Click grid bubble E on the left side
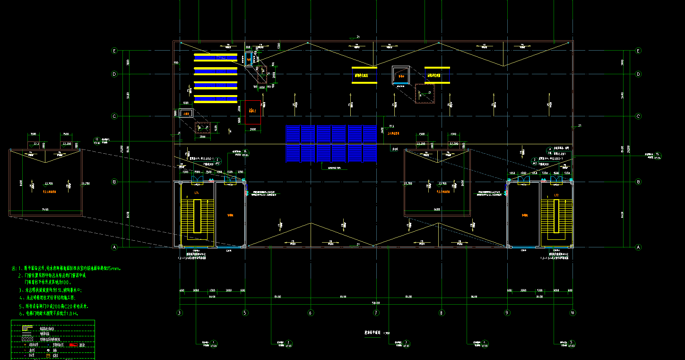click(114, 51)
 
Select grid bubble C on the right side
click(638, 116)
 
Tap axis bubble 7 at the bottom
click(376, 312)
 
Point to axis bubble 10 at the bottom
click(572, 312)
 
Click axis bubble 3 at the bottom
click(180, 312)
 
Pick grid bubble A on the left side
click(114, 247)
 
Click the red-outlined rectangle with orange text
click(253, 112)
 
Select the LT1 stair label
click(196, 193)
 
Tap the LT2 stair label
click(556, 195)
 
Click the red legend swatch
click(73, 345)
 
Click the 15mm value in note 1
click(115, 268)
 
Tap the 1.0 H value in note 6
click(71, 313)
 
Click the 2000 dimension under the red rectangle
click(253, 129)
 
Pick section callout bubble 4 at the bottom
click(485, 342)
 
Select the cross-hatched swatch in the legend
click(28, 339)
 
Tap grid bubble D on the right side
click(638, 74)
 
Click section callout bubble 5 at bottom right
click(572, 342)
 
